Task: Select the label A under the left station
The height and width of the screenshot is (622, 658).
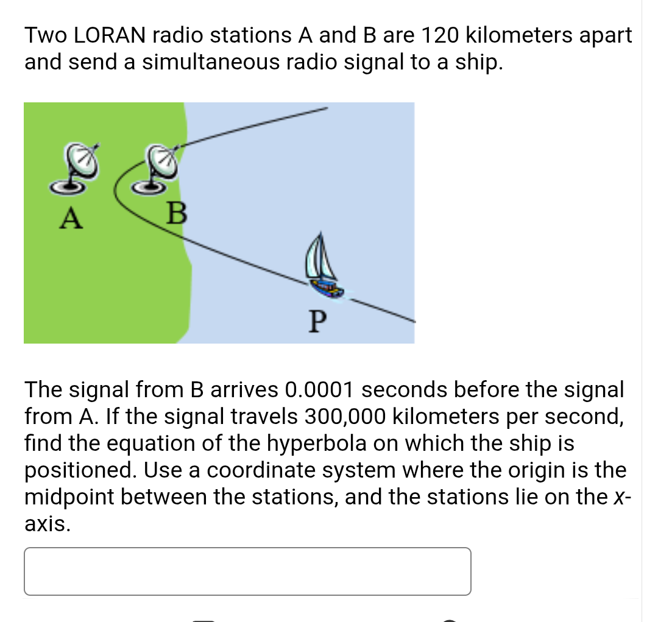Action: [71, 218]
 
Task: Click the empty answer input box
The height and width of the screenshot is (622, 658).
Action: [247, 571]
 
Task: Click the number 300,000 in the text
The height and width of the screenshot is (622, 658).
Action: [344, 416]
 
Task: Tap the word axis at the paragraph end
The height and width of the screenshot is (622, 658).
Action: [44, 524]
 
